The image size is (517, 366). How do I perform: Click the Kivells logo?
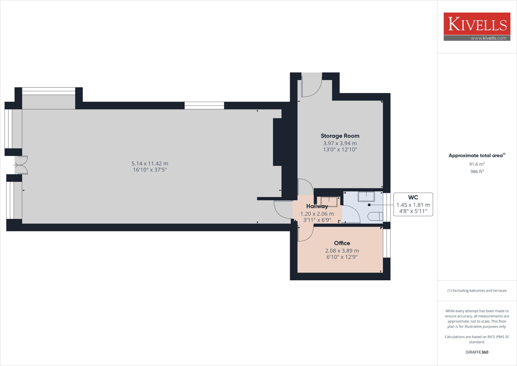pyautogui.click(x=477, y=24)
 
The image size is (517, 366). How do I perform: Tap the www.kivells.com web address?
pyautogui.click(x=488, y=38)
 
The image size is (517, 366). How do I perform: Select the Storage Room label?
pyautogui.click(x=340, y=136)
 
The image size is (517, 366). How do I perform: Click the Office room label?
pyautogui.click(x=342, y=243)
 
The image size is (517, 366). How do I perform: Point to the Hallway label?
pyautogui.click(x=317, y=206)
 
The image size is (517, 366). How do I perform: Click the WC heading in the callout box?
pyautogui.click(x=413, y=197)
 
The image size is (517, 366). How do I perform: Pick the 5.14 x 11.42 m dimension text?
pyautogui.click(x=150, y=164)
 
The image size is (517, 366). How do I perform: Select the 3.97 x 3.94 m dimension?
pyautogui.click(x=340, y=143)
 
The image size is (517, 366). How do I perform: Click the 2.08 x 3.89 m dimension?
pyautogui.click(x=342, y=251)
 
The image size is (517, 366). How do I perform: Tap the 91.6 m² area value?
pyautogui.click(x=477, y=164)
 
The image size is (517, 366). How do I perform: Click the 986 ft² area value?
pyautogui.click(x=477, y=171)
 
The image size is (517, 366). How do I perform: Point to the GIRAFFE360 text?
pyautogui.click(x=477, y=352)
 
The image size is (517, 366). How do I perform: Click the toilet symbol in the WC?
pyautogui.click(x=375, y=216)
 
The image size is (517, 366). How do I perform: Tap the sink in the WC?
pyautogui.click(x=366, y=196)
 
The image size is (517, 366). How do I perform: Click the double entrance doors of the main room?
pyautogui.click(x=22, y=165)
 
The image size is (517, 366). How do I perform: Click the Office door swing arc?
pyautogui.click(x=305, y=234)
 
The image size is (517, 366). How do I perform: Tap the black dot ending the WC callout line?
pyautogui.click(x=369, y=205)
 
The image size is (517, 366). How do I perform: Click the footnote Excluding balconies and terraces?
pyautogui.click(x=477, y=291)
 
